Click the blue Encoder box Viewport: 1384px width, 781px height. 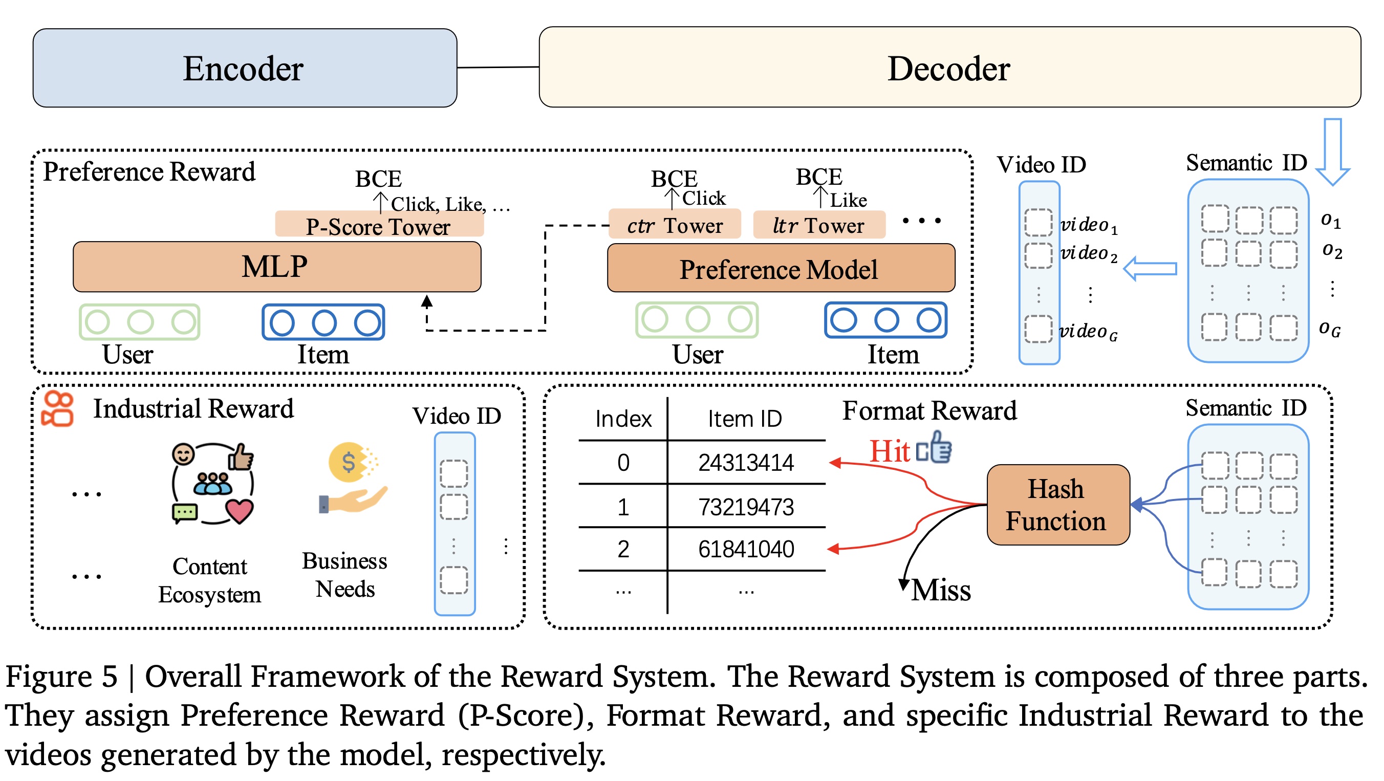245,68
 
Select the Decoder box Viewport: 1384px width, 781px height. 949,68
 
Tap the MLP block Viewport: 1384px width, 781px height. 277,267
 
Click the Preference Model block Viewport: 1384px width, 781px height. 780,269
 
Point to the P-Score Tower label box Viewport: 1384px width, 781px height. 379,226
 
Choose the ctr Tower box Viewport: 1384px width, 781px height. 674,225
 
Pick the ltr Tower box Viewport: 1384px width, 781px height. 819,225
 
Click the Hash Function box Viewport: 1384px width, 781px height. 1057,506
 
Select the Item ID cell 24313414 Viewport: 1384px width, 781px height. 746,463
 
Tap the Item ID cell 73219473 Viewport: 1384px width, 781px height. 746,507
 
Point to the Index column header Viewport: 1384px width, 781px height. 623,419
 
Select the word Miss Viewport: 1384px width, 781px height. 941,590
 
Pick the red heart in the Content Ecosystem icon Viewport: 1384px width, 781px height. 240,510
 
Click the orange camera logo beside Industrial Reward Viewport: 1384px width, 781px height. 57,409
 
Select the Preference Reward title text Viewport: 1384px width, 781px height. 149,172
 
